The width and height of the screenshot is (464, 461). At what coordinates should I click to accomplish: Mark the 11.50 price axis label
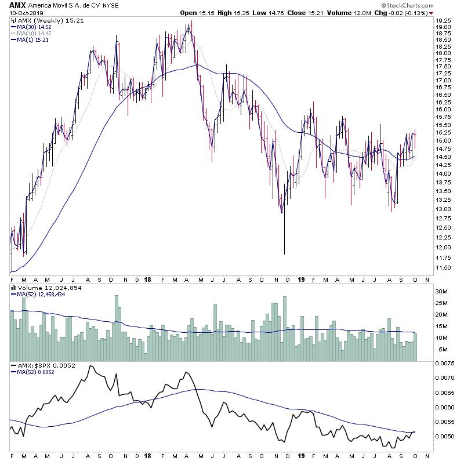(445, 268)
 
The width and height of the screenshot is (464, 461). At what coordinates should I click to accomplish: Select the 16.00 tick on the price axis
(445, 109)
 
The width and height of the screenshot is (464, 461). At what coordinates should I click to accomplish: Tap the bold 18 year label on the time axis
(148, 279)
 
